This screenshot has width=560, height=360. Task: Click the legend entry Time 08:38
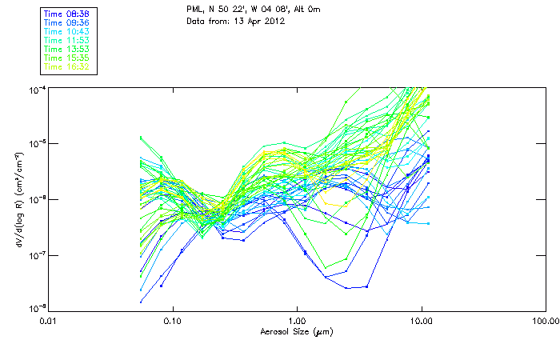pyautogui.click(x=66, y=14)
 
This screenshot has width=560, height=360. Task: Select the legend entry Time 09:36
pyautogui.click(x=66, y=23)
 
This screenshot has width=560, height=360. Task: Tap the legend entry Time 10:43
pyautogui.click(x=66, y=31)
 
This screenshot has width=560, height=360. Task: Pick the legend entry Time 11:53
pyautogui.click(x=66, y=40)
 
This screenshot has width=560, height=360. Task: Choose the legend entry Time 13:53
pyautogui.click(x=66, y=49)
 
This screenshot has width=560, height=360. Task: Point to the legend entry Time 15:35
pyautogui.click(x=66, y=58)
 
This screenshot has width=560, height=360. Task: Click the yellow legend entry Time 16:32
pyautogui.click(x=66, y=66)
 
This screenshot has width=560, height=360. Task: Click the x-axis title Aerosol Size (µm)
pyautogui.click(x=296, y=331)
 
